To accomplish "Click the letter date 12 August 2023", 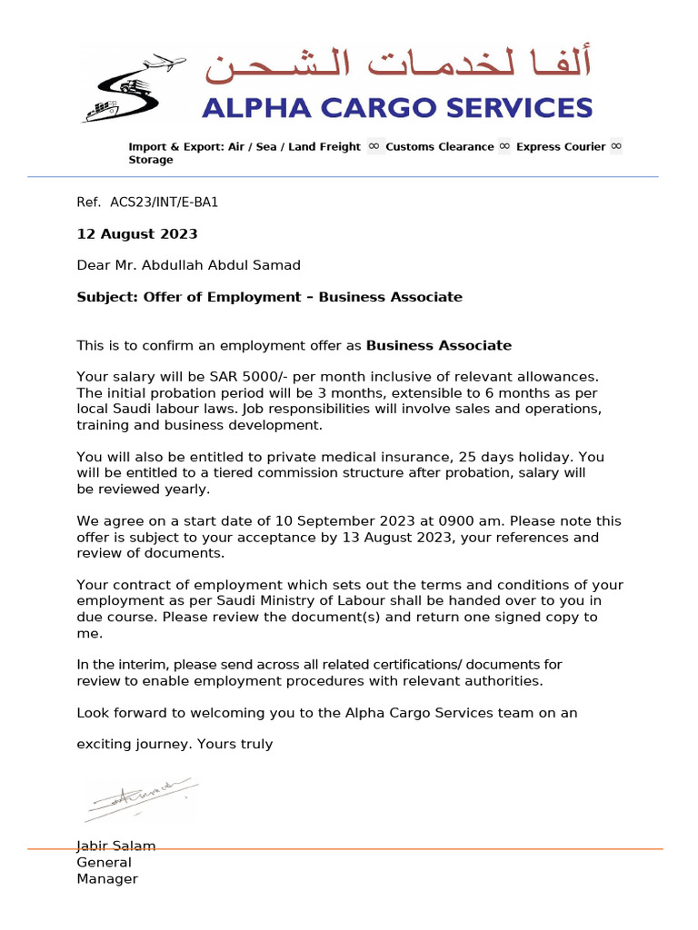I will pos(136,233).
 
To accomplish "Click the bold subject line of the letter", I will pos(269,297).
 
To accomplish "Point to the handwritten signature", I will pos(140,796).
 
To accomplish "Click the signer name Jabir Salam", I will pos(116,846).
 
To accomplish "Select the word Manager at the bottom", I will pos(107,879).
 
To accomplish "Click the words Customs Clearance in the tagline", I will pos(439,147).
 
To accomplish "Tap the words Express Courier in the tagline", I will pos(560,147).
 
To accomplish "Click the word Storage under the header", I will pos(151,160).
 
